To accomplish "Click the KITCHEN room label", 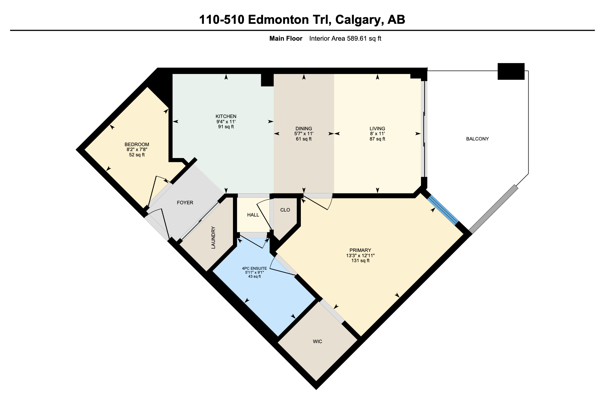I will pyautogui.click(x=226, y=116).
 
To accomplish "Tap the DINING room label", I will pyautogui.click(x=303, y=129).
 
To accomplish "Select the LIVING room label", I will pyautogui.click(x=377, y=129).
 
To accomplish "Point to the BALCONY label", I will pyautogui.click(x=477, y=139).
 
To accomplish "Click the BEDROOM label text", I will pyautogui.click(x=137, y=144).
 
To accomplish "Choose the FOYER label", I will pyautogui.click(x=185, y=203).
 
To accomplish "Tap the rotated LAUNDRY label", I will pyautogui.click(x=213, y=238).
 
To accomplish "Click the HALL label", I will pyautogui.click(x=253, y=215).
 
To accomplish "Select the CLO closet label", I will pyautogui.click(x=285, y=210).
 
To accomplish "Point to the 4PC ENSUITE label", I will pyautogui.click(x=254, y=268).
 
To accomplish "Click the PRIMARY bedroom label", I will pyautogui.click(x=360, y=250).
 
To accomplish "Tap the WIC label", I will pyautogui.click(x=317, y=341).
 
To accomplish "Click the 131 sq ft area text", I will pyautogui.click(x=360, y=261).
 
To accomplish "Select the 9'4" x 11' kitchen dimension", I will pyautogui.click(x=226, y=122).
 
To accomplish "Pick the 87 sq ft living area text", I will pyautogui.click(x=377, y=139).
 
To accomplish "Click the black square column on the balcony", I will pyautogui.click(x=511, y=71).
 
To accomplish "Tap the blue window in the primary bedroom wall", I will pyautogui.click(x=443, y=210).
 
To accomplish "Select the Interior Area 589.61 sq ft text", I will pyautogui.click(x=345, y=39).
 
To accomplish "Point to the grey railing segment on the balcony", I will pyautogui.click(x=493, y=209).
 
